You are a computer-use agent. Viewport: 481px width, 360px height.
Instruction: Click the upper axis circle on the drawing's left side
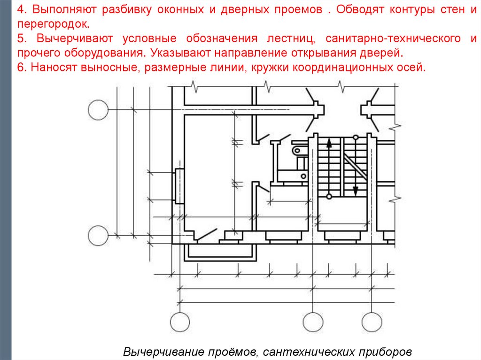click(98, 110)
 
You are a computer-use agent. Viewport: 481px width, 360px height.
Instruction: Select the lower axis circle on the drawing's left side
click(98, 235)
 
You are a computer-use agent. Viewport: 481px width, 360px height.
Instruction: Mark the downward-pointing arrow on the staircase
click(356, 190)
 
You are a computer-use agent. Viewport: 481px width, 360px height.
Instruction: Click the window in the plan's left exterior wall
click(179, 186)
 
